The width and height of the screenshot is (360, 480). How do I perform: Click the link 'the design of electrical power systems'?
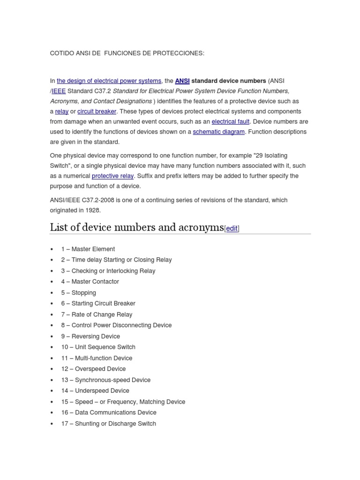[109, 81]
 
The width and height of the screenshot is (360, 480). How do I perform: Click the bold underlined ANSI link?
[182, 81]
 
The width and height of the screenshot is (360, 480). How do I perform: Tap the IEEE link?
[59, 91]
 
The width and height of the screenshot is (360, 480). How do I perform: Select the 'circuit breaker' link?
[97, 112]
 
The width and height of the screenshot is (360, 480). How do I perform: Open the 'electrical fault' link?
[230, 121]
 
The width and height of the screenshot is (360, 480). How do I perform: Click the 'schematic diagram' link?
[218, 132]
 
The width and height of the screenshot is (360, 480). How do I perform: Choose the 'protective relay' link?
[112, 176]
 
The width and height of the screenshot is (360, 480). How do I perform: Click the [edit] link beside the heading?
[232, 229]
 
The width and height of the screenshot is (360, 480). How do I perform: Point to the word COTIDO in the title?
[61, 53]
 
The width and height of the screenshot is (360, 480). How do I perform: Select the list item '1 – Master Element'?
[88, 249]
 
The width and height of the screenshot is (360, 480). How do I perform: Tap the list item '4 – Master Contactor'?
[90, 282]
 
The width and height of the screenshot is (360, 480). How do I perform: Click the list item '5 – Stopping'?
[78, 292]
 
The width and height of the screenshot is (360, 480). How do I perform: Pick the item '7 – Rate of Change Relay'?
[97, 315]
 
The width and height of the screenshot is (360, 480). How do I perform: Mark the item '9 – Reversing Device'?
[90, 336]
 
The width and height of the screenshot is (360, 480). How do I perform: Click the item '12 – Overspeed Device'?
[93, 369]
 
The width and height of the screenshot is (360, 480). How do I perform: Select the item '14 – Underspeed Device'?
[95, 390]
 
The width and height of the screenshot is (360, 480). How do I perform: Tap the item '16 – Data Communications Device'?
[109, 412]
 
